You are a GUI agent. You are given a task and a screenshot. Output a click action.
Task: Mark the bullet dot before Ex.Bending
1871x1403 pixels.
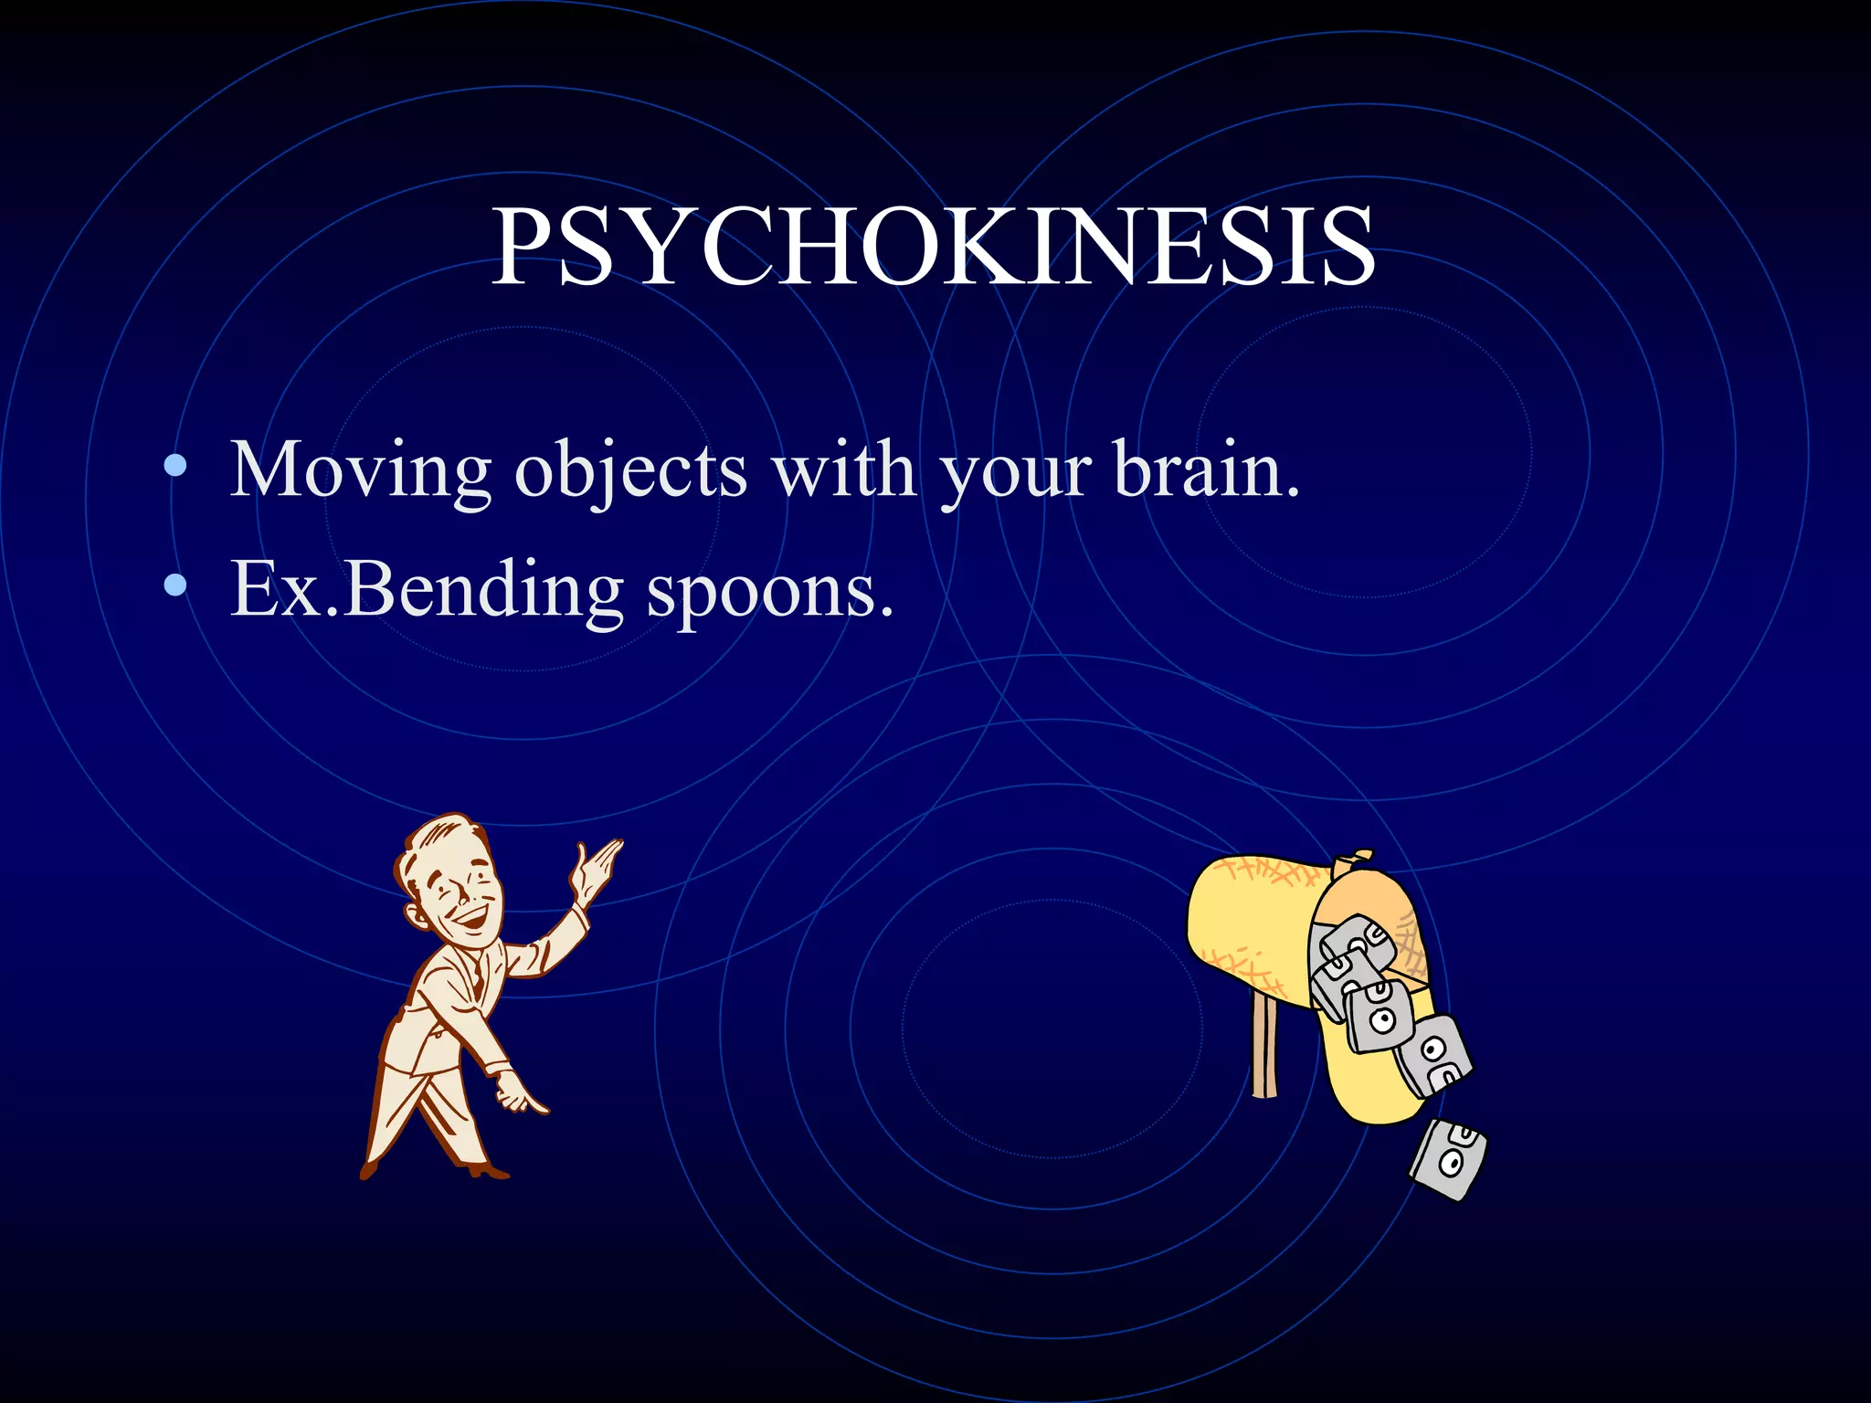tap(175, 586)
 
